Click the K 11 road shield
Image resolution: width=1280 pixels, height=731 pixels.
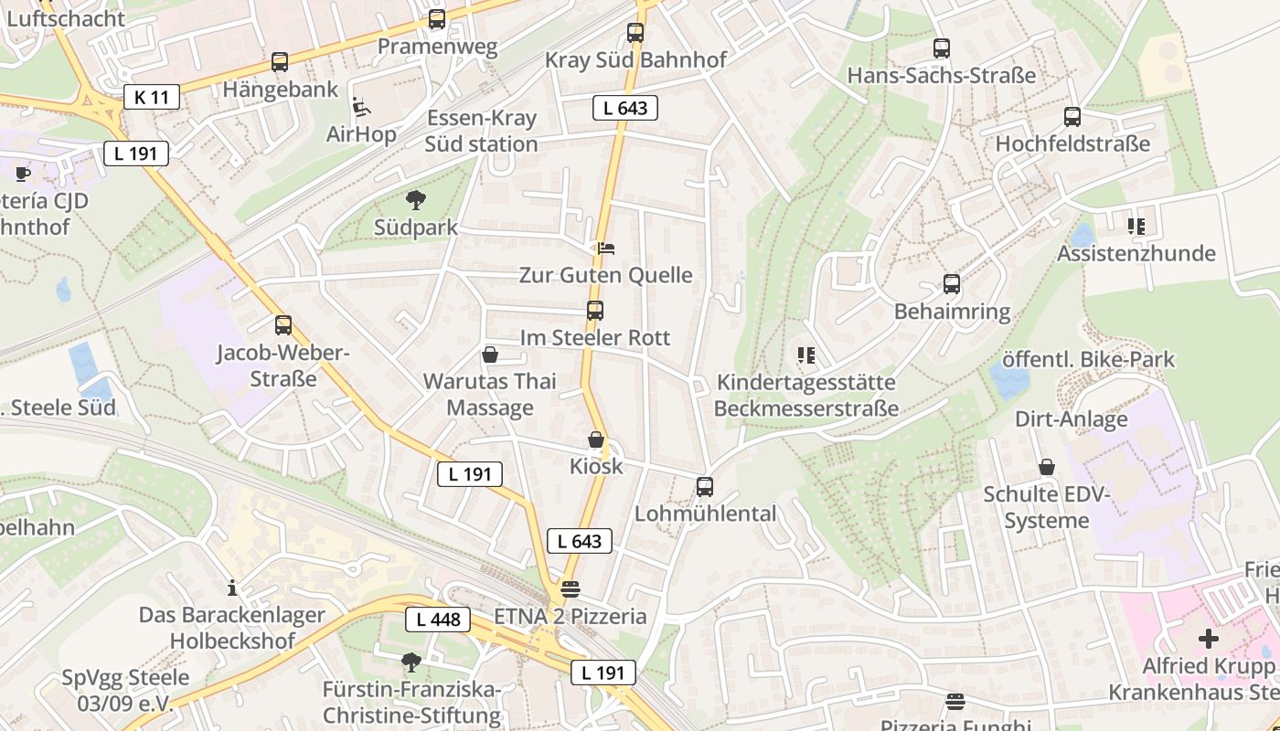pos(152,96)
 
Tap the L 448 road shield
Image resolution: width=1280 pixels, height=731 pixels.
pos(438,620)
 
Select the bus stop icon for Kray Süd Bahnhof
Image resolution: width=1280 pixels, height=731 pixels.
pos(635,34)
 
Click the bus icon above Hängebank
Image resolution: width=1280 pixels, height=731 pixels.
pos(280,62)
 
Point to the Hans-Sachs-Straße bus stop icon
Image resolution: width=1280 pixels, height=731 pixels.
pos(942,48)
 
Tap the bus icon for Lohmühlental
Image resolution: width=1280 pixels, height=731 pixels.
pos(704,487)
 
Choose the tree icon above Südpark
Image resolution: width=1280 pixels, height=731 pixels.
pos(416,200)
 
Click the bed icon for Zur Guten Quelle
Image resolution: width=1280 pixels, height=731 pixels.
pos(605,248)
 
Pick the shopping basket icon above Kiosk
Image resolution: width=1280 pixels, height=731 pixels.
pos(596,440)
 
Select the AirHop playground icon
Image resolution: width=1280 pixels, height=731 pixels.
pos(362,108)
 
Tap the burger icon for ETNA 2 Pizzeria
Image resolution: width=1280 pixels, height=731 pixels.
pos(571,589)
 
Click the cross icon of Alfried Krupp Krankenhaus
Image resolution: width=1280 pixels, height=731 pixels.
pos(1209,639)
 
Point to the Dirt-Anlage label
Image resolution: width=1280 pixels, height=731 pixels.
pos(1071,419)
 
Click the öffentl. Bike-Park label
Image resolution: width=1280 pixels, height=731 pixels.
pos(1088,359)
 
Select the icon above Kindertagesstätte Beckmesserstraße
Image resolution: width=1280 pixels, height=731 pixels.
pos(805,355)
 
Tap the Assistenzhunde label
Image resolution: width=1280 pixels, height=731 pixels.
pos(1136,253)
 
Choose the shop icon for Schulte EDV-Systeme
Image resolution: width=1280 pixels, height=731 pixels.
pos(1047,468)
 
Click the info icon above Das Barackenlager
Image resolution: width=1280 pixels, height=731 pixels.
pos(232,587)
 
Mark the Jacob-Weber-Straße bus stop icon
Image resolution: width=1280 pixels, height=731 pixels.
pos(283,325)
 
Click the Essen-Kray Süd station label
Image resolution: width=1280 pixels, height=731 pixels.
pos(481,131)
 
